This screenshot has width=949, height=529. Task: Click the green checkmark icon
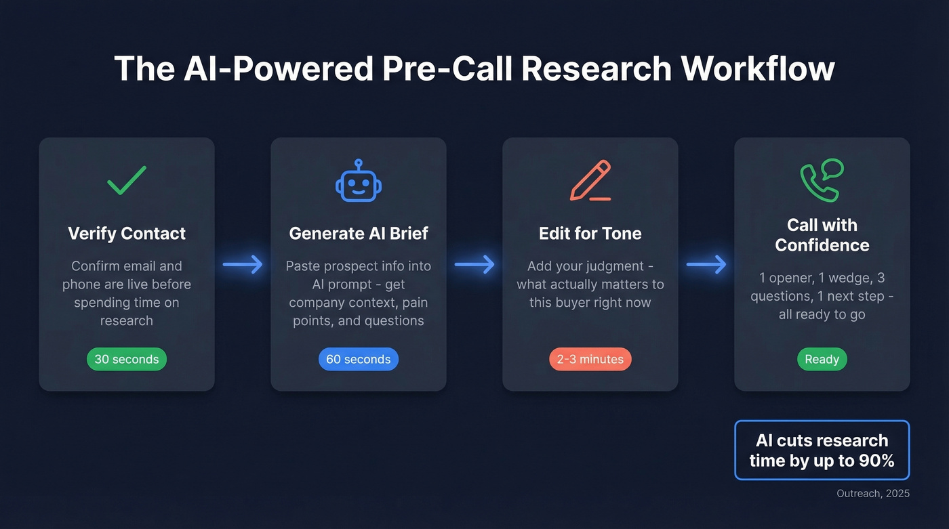127,180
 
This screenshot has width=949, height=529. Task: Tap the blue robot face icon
358,181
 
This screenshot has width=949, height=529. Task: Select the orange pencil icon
590,181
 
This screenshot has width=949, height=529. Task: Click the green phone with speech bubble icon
821,180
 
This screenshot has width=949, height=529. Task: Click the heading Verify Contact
127,234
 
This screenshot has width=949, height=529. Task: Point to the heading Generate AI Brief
358,234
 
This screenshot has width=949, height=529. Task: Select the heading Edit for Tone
590,234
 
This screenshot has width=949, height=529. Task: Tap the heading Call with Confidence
822,235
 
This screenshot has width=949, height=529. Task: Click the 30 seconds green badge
127,359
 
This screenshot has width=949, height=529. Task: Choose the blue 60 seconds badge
358,359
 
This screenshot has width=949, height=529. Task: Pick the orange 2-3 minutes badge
590,359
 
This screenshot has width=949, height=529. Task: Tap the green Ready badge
822,359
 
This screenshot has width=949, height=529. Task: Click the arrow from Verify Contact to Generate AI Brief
243,264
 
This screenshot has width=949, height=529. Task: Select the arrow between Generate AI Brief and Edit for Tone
474,264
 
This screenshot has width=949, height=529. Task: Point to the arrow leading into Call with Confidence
706,264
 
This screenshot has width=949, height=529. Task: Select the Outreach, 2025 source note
873,494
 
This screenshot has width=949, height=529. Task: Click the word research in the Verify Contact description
127,320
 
